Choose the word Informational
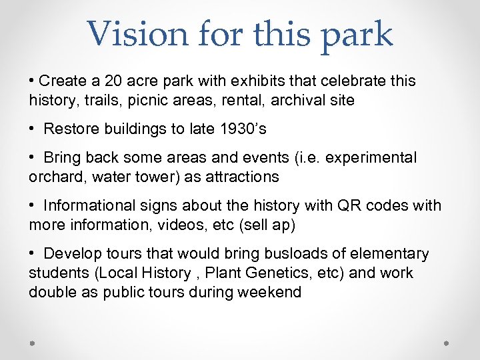pyautogui.click(x=90, y=205)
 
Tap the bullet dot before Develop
pyautogui.click(x=32, y=254)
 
